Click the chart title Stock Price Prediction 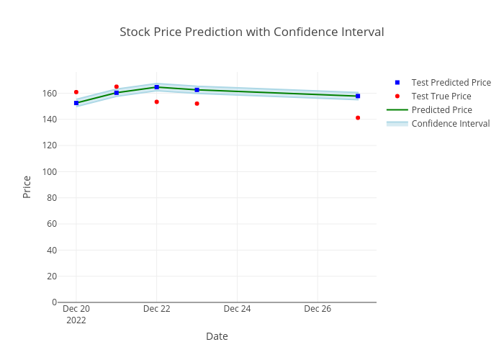pos(251,32)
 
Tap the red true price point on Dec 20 pos(76,92)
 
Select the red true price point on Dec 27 pos(358,117)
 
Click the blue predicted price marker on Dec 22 pos(157,87)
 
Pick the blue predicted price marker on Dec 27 pos(358,96)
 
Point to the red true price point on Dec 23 pos(197,104)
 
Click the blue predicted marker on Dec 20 pos(76,103)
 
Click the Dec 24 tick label pos(237,309)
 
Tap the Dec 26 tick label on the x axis pos(318,309)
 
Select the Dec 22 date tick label pos(156,309)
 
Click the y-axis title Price pos(27,186)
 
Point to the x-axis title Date pos(217,336)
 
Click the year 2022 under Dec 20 pos(76,320)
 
